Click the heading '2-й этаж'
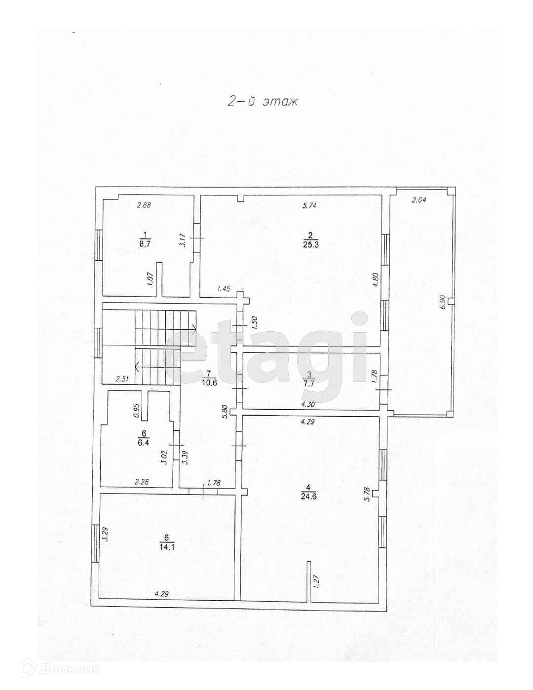tap(263, 102)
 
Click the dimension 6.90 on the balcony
tap(443, 302)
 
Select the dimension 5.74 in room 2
tap(309, 206)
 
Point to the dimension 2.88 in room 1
tap(144, 205)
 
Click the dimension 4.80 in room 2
tap(376, 280)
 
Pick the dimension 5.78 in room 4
tap(367, 494)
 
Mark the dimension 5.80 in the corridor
tap(225, 412)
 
